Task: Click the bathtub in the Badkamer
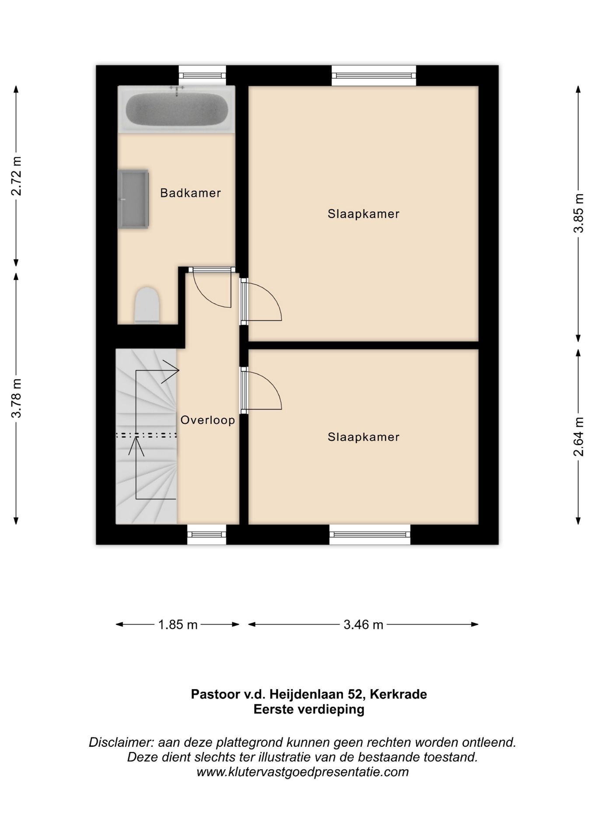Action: [x=176, y=109]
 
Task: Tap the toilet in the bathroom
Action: [x=147, y=305]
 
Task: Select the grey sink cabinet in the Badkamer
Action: [x=133, y=199]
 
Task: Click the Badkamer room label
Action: [x=190, y=193]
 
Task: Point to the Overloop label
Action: [x=208, y=420]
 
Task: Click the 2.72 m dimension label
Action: [x=17, y=175]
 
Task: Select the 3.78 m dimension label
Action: [x=17, y=398]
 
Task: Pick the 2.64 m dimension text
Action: [x=579, y=437]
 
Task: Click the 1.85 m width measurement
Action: [x=178, y=624]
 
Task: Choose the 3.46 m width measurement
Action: [x=363, y=624]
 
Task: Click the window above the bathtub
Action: [x=203, y=75]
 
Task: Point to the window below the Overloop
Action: [x=206, y=535]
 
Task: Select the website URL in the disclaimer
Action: [x=303, y=772]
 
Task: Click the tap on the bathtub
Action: [x=177, y=90]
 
